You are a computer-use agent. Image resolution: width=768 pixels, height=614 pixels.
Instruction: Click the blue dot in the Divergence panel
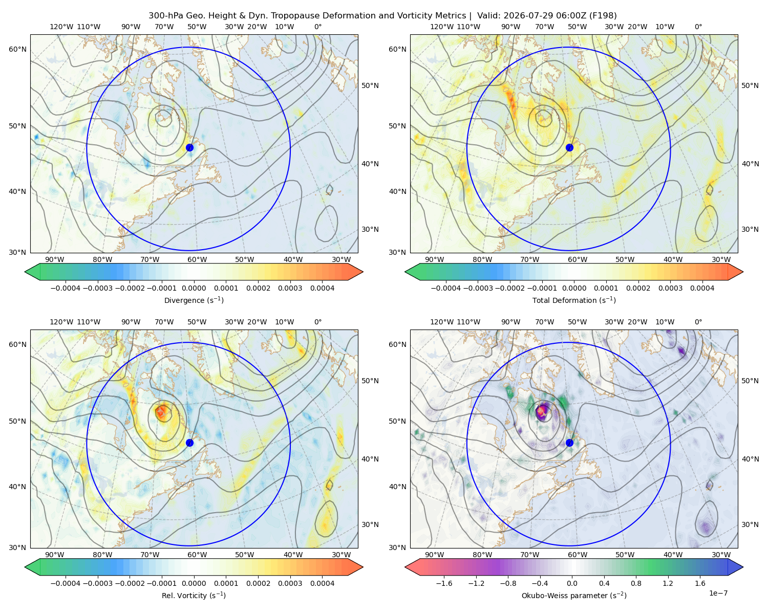tap(189, 147)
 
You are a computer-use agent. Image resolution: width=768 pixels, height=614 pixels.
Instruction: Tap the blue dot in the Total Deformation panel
tap(569, 147)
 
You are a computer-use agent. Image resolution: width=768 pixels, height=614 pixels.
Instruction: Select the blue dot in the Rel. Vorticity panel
tap(189, 443)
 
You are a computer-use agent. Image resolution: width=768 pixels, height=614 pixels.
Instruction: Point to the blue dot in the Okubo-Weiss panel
tap(569, 443)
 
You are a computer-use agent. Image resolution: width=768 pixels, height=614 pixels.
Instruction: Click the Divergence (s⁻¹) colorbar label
tap(194, 300)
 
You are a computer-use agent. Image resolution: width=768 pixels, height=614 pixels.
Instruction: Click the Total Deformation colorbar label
tap(574, 300)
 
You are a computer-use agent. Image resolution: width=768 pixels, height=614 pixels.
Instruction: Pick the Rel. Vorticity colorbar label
tap(194, 596)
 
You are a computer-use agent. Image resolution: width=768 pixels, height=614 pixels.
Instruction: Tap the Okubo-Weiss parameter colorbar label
tap(574, 596)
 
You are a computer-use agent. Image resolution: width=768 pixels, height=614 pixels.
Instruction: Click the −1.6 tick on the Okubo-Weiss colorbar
tap(444, 583)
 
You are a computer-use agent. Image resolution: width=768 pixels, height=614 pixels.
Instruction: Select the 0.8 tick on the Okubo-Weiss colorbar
tap(636, 583)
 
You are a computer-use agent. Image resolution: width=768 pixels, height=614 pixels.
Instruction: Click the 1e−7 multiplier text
tap(718, 593)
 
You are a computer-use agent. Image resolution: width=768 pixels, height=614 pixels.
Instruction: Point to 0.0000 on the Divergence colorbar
tap(194, 288)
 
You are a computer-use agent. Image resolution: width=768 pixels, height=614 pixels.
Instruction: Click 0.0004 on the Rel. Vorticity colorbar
tap(322, 583)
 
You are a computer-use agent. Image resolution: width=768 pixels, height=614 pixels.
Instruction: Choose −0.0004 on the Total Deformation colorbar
tap(446, 288)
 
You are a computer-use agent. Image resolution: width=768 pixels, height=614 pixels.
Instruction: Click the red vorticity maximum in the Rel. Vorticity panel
tap(162, 411)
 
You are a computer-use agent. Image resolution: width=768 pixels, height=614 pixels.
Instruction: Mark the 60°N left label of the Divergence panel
tap(17, 49)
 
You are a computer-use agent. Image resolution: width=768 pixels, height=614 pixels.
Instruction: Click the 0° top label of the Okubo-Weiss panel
tap(698, 322)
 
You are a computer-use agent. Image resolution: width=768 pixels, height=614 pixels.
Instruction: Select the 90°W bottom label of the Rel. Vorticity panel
tap(55, 555)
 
